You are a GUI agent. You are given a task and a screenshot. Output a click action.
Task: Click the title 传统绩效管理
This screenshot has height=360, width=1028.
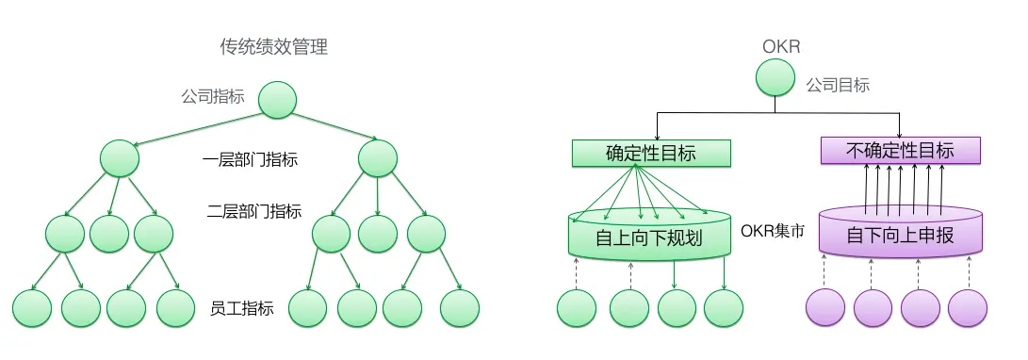[x=273, y=47]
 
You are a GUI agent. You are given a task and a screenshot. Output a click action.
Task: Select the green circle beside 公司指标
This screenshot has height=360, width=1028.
[x=277, y=100]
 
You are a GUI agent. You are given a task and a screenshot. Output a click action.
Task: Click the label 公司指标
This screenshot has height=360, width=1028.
[x=213, y=96]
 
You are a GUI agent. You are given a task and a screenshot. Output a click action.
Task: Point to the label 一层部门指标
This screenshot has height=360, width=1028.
[x=251, y=160]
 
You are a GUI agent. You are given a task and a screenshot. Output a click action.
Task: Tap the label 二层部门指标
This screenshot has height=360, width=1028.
[x=253, y=211]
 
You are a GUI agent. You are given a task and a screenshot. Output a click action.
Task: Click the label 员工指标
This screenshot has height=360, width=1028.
[x=242, y=308]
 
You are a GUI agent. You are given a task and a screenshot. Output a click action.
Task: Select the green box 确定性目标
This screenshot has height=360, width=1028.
[x=651, y=153]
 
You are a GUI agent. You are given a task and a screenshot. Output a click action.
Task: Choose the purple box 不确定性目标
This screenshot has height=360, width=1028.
[x=900, y=151]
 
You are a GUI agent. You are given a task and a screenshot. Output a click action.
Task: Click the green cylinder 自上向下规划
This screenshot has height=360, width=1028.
[x=649, y=235]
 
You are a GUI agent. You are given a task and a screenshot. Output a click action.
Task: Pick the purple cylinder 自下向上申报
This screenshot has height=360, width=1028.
[x=900, y=234]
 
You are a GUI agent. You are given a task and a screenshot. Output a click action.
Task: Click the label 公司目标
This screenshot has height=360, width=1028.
[x=838, y=85]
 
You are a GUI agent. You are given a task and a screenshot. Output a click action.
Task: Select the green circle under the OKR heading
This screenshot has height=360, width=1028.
[x=775, y=78]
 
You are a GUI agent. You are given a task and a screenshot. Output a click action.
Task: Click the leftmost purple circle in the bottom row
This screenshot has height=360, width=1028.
[x=826, y=308]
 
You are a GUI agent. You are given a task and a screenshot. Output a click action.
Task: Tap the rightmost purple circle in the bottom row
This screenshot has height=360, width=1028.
[x=967, y=308]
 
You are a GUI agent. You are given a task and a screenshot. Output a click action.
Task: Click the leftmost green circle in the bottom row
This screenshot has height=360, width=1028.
[x=31, y=308]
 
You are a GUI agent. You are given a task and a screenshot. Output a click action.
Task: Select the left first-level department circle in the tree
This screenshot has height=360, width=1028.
[x=120, y=158]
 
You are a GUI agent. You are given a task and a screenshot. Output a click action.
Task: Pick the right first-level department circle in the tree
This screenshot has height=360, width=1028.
[x=377, y=158]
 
